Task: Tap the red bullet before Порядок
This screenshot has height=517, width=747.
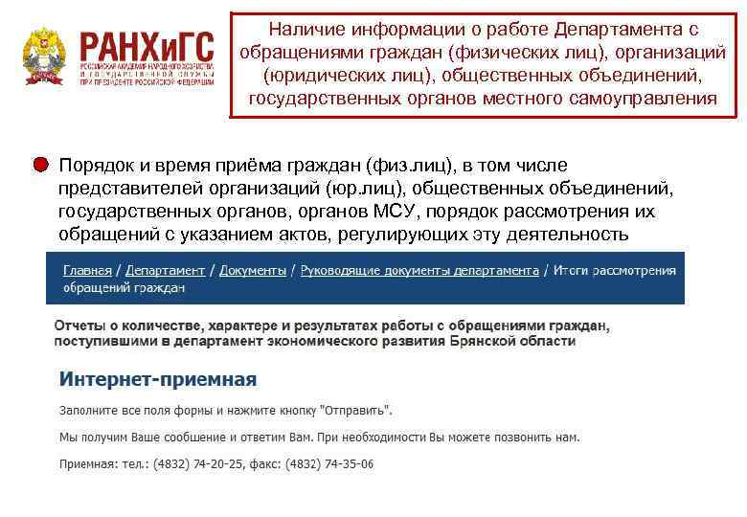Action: (x=40, y=164)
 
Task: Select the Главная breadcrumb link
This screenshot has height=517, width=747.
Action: (x=87, y=271)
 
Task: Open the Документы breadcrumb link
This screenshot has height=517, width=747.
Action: (x=253, y=271)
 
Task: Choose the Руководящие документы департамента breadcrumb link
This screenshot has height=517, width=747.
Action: (x=419, y=271)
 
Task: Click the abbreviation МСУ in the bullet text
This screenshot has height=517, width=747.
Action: (x=395, y=211)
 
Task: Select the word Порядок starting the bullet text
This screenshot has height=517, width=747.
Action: (x=95, y=165)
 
